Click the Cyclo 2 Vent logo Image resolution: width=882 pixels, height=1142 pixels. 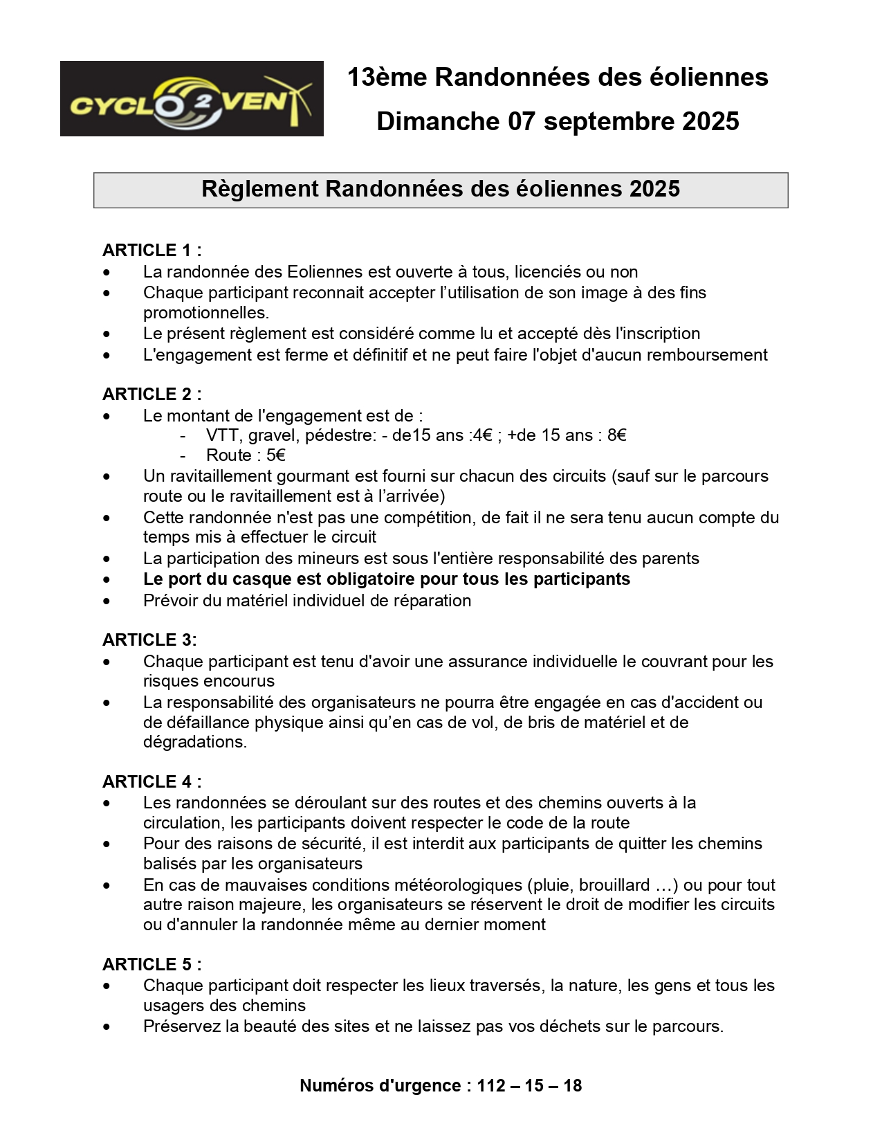coord(192,98)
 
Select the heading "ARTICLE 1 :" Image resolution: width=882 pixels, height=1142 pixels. coord(151,250)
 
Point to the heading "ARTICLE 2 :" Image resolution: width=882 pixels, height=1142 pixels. coord(151,394)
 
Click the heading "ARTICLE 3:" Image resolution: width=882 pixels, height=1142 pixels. coord(149,640)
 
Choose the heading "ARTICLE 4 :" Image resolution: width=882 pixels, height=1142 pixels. coord(151,781)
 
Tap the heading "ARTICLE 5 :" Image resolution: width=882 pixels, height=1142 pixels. coord(151,964)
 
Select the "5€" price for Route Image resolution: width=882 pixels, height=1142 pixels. coord(275,455)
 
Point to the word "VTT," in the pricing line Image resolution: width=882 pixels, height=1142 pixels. coord(222,435)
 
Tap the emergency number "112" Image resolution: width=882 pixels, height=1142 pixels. coord(491,1085)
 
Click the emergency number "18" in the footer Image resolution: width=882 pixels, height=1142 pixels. coord(572,1085)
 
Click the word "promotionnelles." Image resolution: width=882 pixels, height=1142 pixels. coord(206,313)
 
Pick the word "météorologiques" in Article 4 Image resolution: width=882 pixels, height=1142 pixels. coord(452,885)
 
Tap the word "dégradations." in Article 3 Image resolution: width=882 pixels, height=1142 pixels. coord(194,742)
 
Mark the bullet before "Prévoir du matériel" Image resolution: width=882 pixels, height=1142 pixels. coord(107,601)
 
